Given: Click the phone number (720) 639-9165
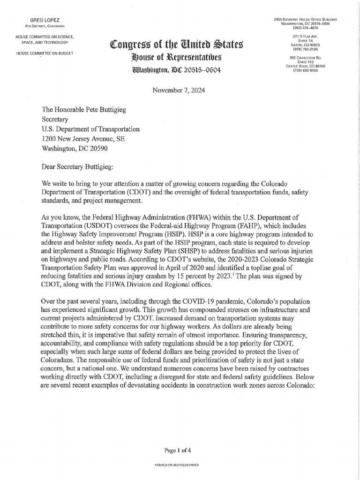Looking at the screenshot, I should [x=305, y=71].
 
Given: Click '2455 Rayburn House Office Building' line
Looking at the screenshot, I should [x=306, y=19].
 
